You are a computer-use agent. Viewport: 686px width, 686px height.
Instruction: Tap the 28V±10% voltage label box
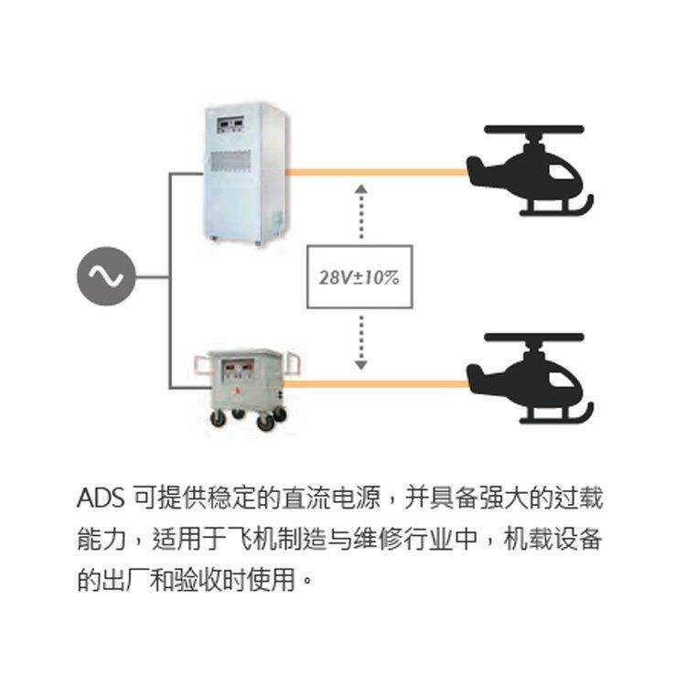tap(359, 275)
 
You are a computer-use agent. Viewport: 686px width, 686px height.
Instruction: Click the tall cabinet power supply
tap(245, 174)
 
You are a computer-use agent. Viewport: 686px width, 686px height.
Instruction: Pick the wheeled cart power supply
tap(242, 384)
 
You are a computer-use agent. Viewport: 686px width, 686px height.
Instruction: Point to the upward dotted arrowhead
tap(361, 187)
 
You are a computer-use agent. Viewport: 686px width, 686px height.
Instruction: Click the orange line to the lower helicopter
tap(380, 384)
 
